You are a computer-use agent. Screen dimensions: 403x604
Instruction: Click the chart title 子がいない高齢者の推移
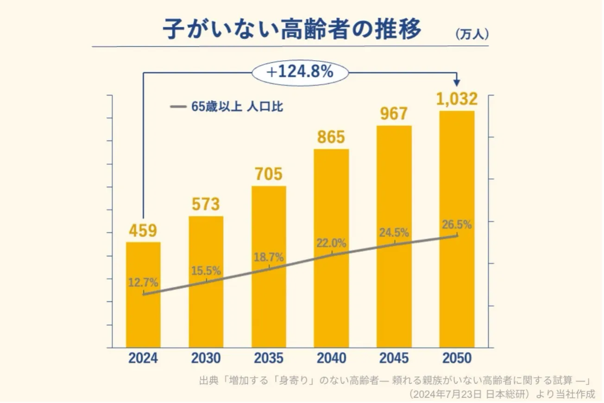pos(292,30)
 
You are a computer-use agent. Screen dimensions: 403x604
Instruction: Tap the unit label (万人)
pos(471,34)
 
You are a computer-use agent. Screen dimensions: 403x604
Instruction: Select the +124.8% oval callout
pos(300,72)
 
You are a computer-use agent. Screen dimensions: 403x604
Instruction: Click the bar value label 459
pos(143,231)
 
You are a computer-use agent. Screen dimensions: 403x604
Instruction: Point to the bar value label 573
pos(206,204)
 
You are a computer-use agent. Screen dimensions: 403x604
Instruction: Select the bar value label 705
pos(268,174)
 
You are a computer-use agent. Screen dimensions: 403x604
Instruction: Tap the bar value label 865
pos(331,138)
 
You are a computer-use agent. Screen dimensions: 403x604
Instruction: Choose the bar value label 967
pos(393,114)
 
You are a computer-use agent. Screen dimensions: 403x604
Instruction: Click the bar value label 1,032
pos(457,99)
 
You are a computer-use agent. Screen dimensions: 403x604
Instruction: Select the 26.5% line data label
pos(457,226)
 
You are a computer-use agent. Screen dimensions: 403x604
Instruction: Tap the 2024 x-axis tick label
pos(143,359)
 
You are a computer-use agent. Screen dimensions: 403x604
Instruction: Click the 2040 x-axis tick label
pos(331,359)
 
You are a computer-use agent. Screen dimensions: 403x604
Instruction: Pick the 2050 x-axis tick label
pos(456,359)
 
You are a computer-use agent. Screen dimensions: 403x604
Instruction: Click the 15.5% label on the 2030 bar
pos(206,271)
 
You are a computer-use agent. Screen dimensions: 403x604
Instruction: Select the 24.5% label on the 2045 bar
pos(394,233)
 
